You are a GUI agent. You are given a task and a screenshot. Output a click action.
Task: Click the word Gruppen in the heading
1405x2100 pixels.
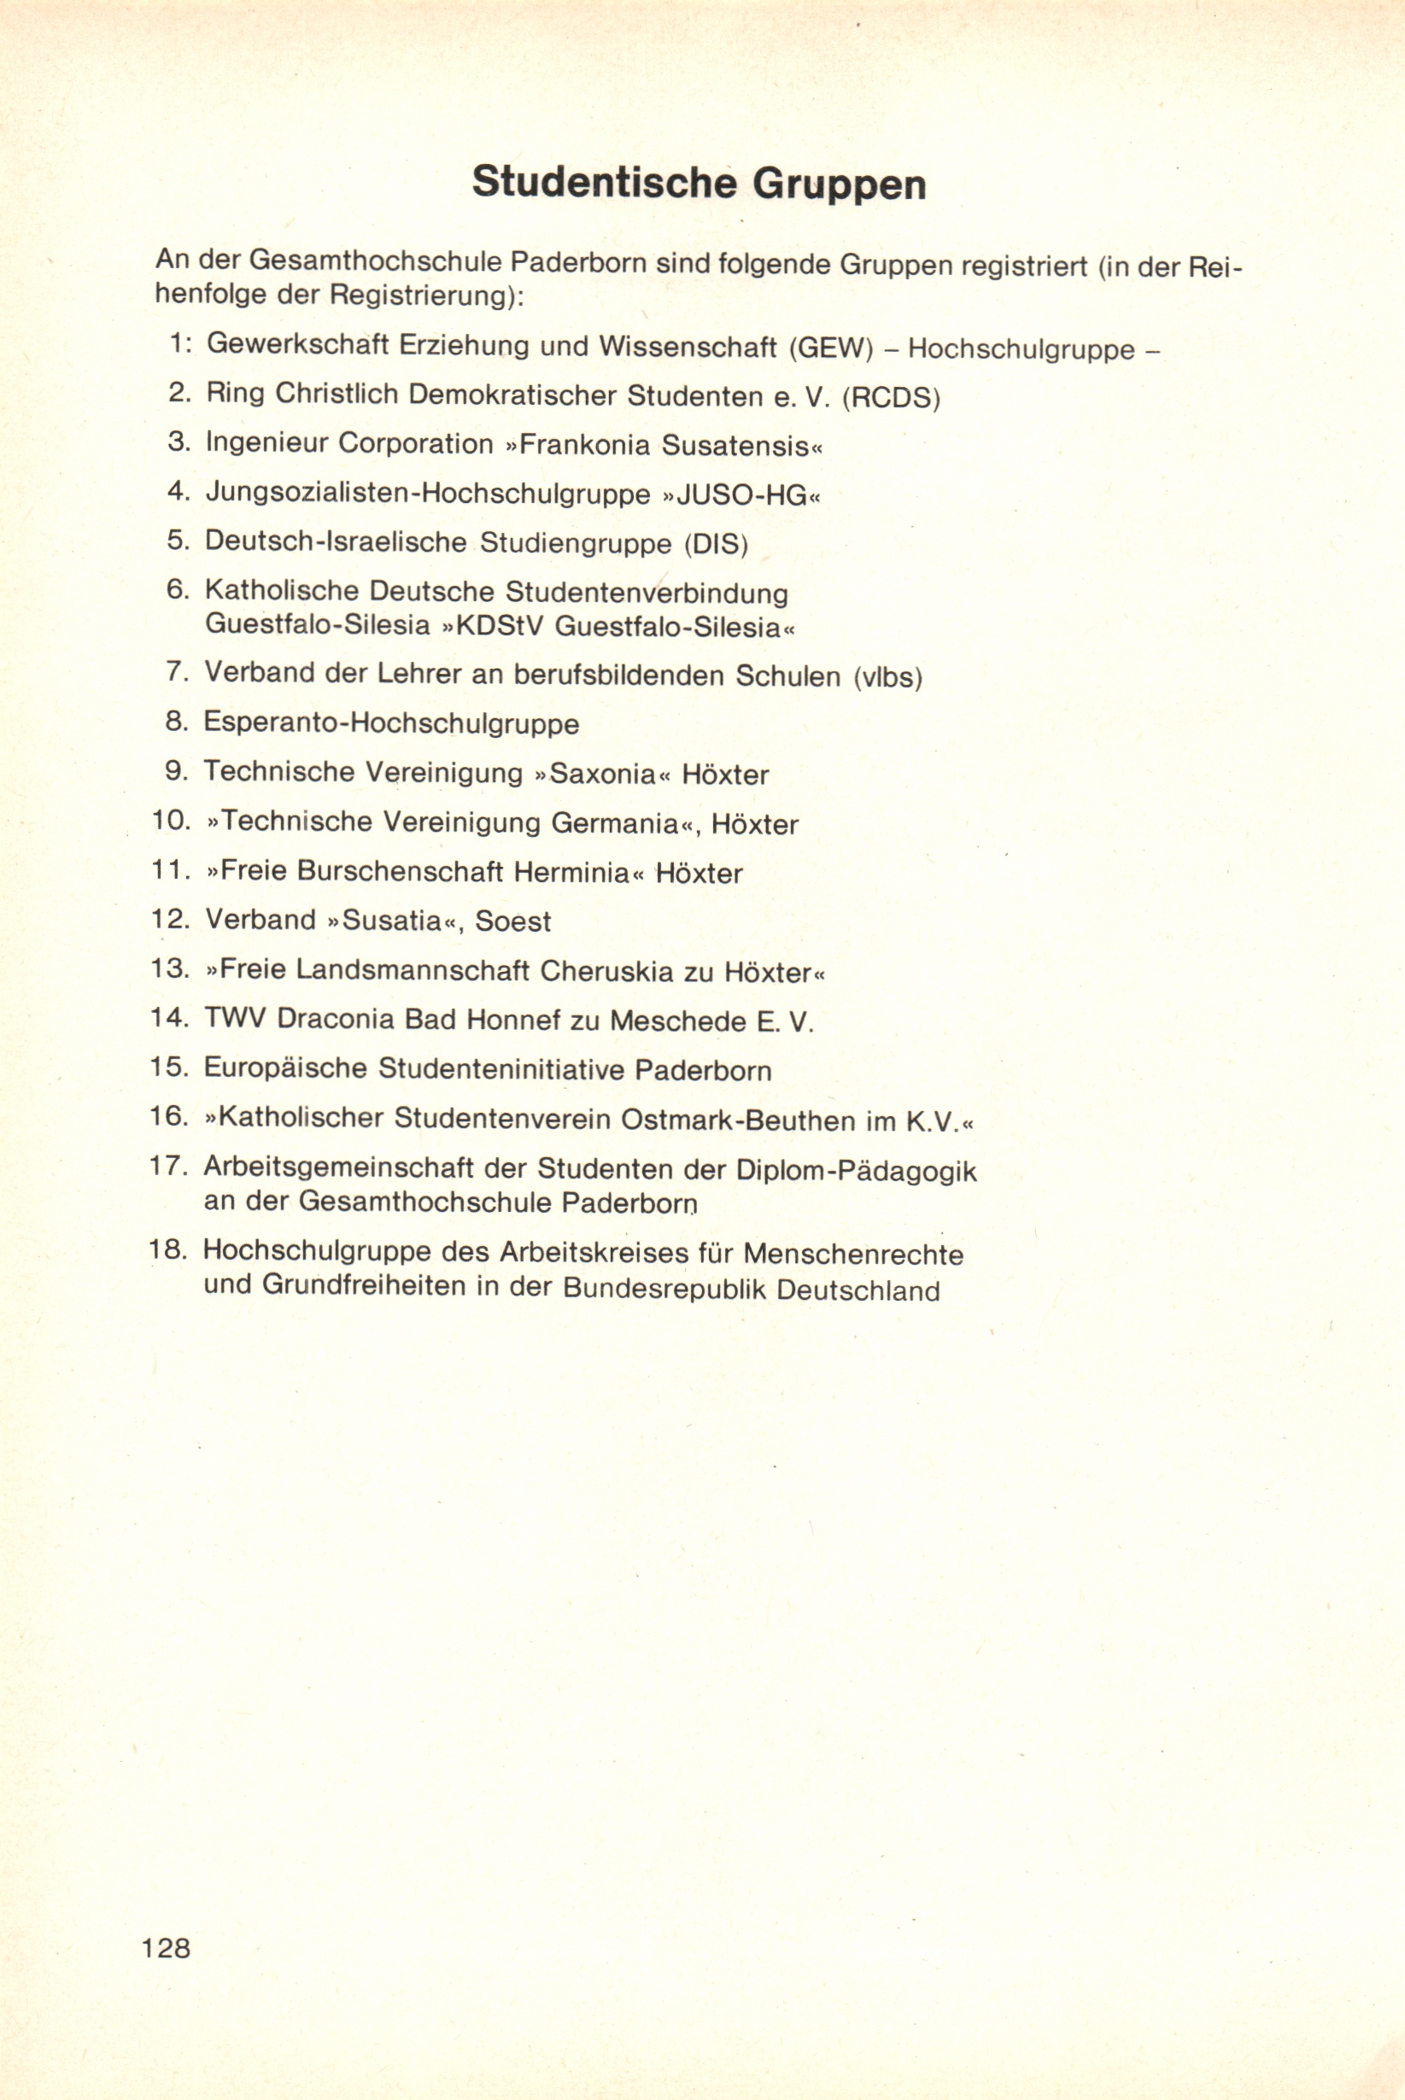(839, 184)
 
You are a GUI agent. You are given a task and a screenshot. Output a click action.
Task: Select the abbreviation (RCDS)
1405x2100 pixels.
(892, 397)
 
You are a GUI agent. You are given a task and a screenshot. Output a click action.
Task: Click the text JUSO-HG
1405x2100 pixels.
(743, 494)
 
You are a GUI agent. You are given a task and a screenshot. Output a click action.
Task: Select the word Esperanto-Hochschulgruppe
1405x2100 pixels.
(391, 723)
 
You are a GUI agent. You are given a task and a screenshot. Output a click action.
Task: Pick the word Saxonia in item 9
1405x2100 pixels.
(603, 774)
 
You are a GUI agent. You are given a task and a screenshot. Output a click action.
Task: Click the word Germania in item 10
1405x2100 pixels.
(614, 823)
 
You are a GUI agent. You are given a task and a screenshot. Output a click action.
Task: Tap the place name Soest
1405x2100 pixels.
(512, 921)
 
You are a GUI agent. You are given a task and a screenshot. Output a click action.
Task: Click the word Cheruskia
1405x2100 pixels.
(606, 971)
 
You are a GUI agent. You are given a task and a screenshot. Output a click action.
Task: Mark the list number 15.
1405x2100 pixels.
(168, 1068)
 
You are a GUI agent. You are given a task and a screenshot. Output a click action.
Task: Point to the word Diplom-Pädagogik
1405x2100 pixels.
(856, 1170)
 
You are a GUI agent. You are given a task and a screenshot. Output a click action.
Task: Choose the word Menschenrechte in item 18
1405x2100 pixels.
(853, 1254)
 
